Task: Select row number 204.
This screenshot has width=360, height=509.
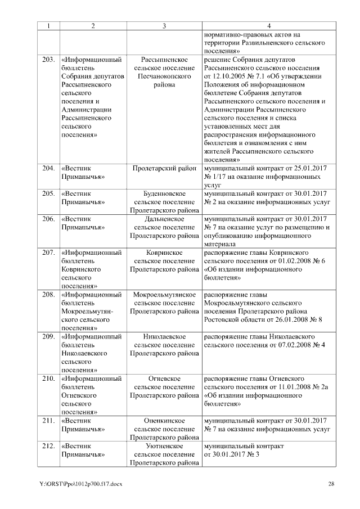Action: pos(48,168)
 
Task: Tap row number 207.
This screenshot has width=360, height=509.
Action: pos(48,253)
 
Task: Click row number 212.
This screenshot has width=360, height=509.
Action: pos(48,446)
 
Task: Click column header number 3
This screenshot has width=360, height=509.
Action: pos(164,26)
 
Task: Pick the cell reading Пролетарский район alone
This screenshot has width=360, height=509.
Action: pos(164,168)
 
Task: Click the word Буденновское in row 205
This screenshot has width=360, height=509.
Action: pos(164,193)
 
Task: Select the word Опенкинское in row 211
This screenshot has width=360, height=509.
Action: pos(164,421)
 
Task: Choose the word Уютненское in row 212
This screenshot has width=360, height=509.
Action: pos(164,446)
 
